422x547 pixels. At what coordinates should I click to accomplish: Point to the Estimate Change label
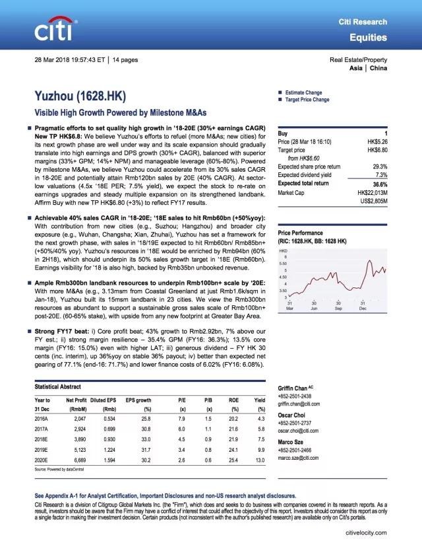pos(303,92)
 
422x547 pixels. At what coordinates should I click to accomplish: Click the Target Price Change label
pos(307,100)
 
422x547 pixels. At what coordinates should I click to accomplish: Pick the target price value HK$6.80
pos(373,150)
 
